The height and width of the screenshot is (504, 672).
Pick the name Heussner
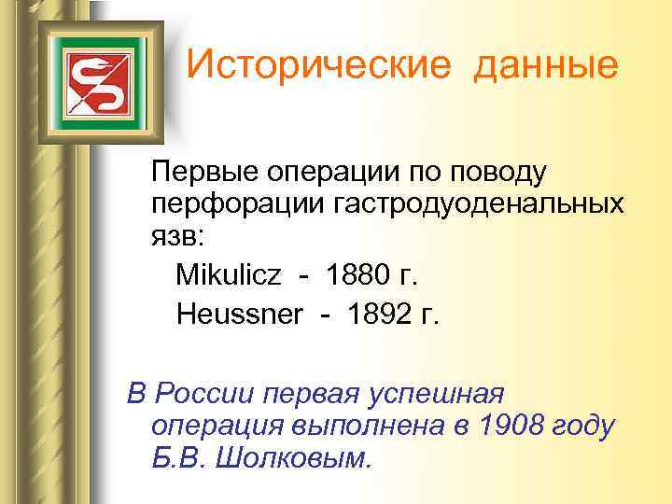click(239, 315)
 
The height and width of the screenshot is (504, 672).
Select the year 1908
click(514, 427)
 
